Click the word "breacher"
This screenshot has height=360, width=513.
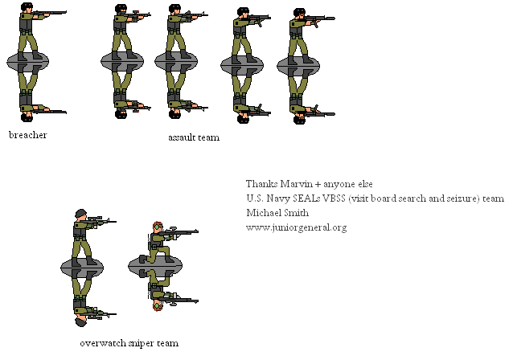click(x=27, y=135)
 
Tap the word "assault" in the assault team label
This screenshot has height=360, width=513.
click(x=180, y=137)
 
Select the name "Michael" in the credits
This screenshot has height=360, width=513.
click(x=264, y=213)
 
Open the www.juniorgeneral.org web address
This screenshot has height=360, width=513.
click(x=296, y=227)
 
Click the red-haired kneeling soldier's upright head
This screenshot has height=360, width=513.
click(x=156, y=228)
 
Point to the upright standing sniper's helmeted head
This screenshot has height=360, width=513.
click(x=80, y=215)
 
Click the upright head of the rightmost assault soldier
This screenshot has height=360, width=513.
click(x=299, y=14)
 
